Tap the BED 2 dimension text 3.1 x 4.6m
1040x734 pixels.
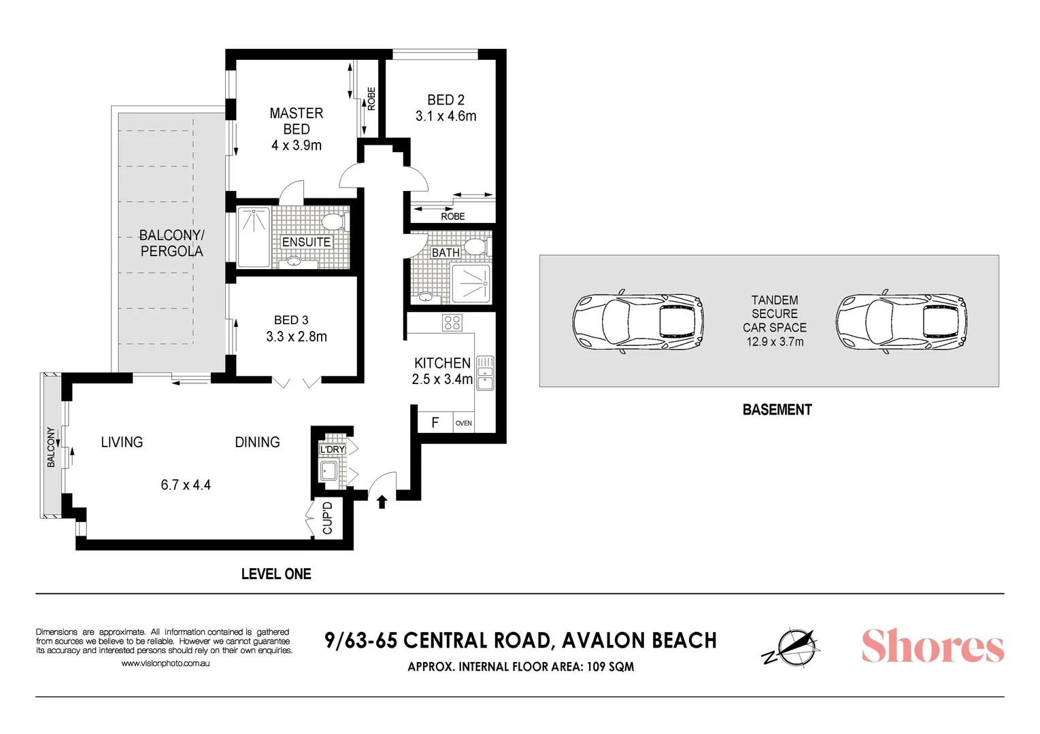(446, 116)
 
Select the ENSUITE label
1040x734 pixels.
(306, 242)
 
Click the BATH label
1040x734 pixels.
(446, 253)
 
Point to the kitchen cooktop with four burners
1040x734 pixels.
(452, 322)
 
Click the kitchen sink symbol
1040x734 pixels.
(485, 373)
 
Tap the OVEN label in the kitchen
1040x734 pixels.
(464, 423)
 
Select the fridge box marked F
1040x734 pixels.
(435, 423)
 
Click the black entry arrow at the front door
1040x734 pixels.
(382, 502)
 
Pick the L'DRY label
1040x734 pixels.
(333, 449)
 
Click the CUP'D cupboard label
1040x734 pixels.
(328, 518)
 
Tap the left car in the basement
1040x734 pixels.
(637, 322)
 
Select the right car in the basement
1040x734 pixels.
(901, 322)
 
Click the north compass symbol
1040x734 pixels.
(790, 647)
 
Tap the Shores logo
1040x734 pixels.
(933, 646)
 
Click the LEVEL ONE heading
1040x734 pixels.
(276, 574)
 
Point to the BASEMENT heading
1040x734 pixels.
(777, 410)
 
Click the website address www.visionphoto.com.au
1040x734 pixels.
(165, 663)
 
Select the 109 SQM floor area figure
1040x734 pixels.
(610, 667)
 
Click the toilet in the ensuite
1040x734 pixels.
(333, 222)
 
